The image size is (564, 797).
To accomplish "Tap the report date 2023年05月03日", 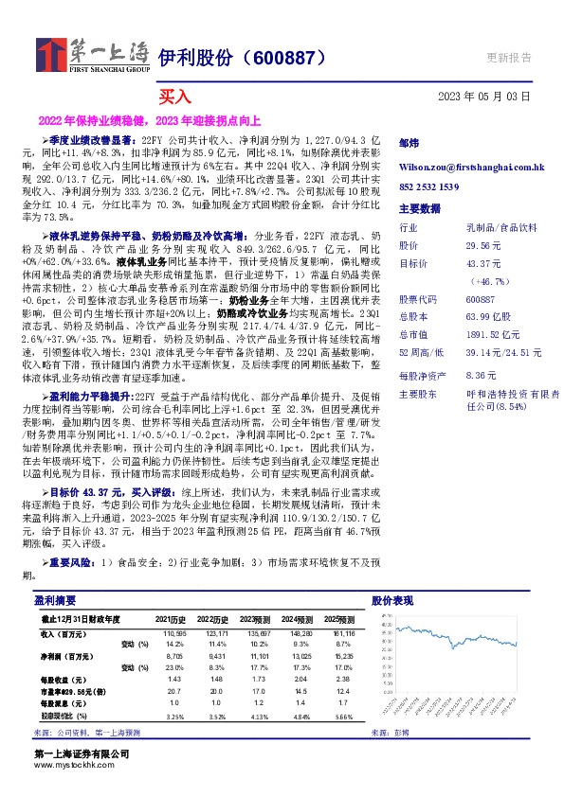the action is (484, 97).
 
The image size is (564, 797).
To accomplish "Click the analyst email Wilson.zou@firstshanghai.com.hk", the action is (471, 167).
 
